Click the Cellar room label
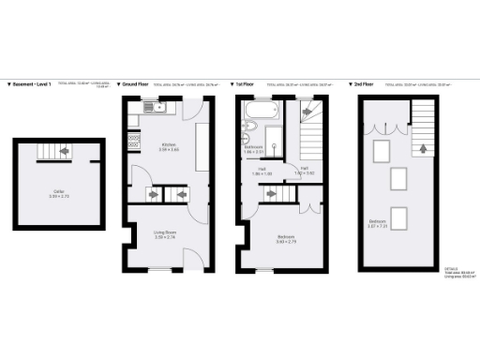pyautogui.click(x=58, y=196)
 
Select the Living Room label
pyautogui.click(x=165, y=235)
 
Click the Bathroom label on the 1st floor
pyautogui.click(x=253, y=149)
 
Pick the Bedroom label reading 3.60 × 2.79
pyautogui.click(x=286, y=239)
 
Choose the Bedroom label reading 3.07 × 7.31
pyautogui.click(x=378, y=223)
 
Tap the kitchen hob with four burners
pyautogui.click(x=134, y=141)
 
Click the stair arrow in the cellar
pyautogui.click(x=65, y=150)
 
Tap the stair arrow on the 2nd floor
pyautogui.click(x=423, y=147)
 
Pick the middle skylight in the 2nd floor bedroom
pyautogui.click(x=397, y=178)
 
